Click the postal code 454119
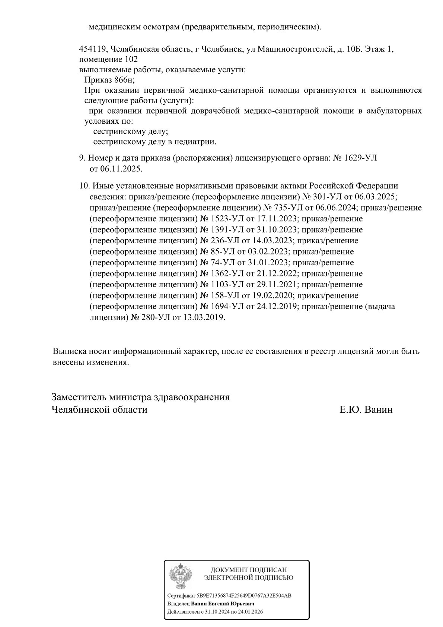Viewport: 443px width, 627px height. click(x=92, y=49)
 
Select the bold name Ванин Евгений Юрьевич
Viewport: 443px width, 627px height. click(x=223, y=604)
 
